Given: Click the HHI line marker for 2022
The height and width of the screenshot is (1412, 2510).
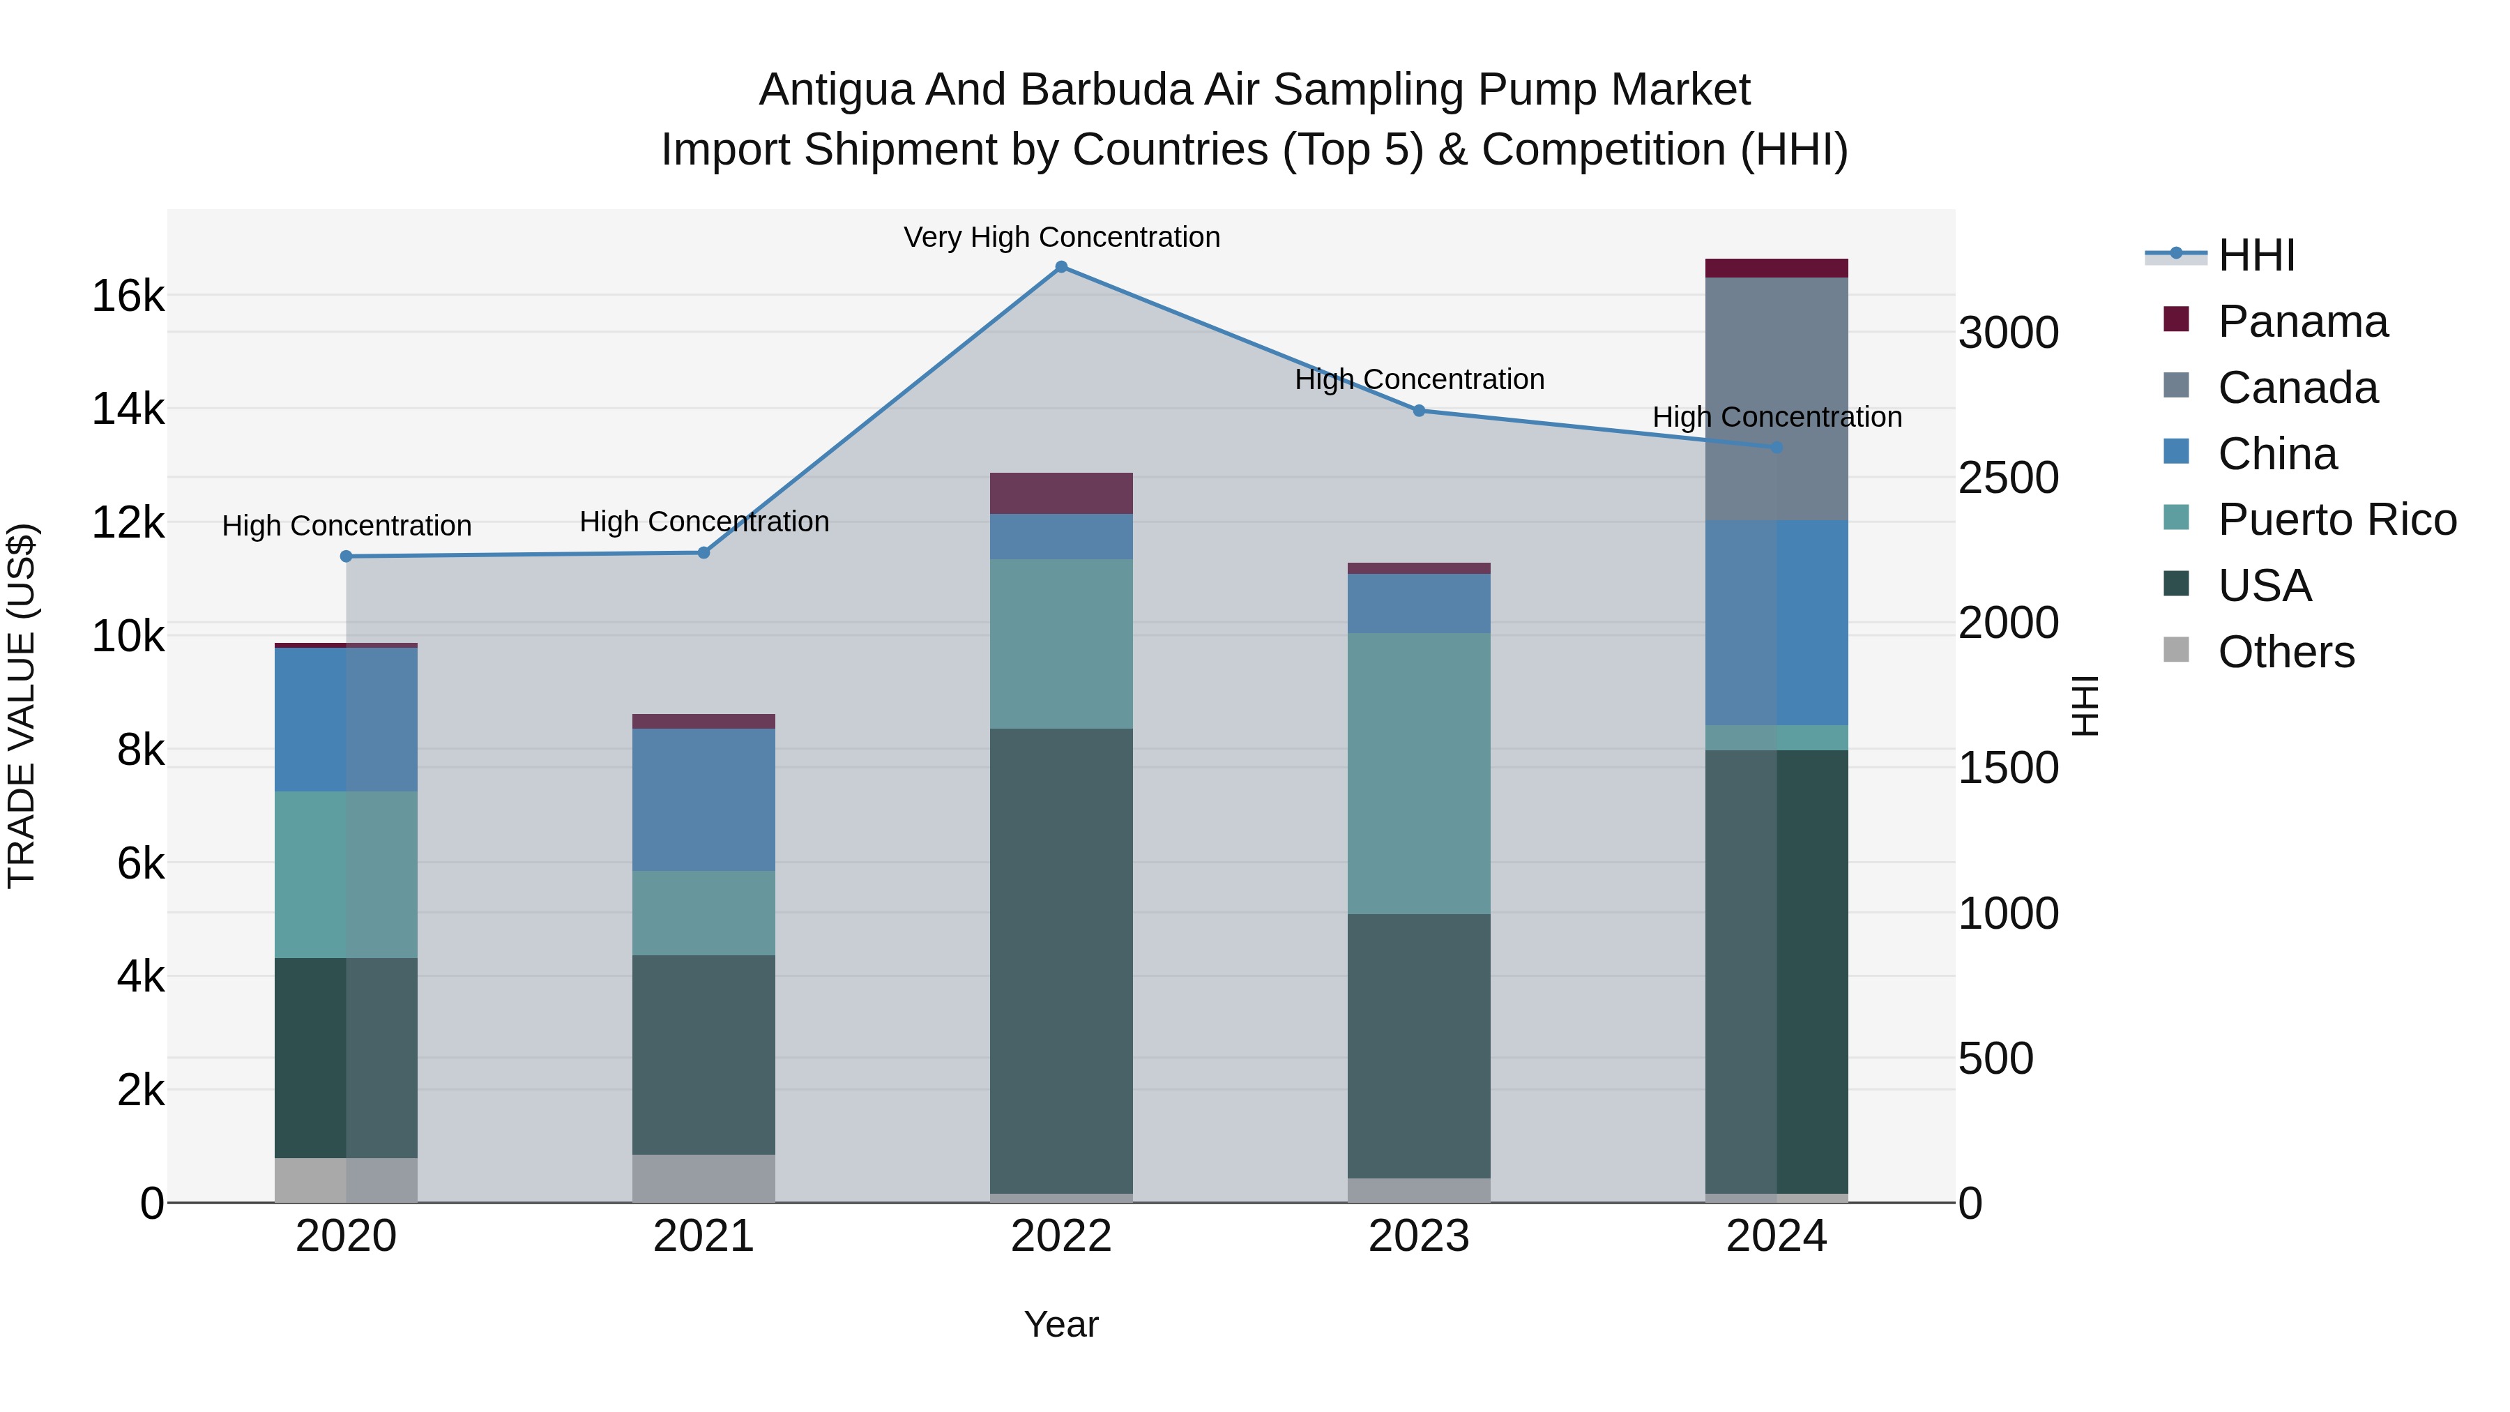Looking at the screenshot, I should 1061,266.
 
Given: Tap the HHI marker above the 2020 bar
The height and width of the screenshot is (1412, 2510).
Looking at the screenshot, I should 346,556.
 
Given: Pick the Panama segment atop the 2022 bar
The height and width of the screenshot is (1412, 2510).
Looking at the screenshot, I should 1061,493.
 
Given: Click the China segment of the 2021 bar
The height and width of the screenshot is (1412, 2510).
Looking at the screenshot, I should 703,799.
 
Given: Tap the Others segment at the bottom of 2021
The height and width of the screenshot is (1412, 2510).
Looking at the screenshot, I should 703,1178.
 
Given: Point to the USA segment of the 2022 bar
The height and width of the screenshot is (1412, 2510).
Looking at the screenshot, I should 1061,960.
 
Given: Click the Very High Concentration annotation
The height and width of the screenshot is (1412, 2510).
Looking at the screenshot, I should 1061,237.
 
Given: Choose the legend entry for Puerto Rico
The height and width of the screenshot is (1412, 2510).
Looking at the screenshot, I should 2336,519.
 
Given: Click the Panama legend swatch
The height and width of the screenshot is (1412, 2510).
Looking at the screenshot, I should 2176,319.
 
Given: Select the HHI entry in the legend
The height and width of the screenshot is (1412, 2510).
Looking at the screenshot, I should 2256,255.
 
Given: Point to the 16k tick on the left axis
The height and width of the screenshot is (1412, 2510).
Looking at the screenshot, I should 128,295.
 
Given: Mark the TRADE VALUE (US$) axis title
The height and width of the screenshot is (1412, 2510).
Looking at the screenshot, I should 22,706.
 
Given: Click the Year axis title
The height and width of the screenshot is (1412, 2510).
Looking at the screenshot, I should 1061,1324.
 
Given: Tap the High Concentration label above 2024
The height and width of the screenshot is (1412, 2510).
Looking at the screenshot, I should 1777,417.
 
